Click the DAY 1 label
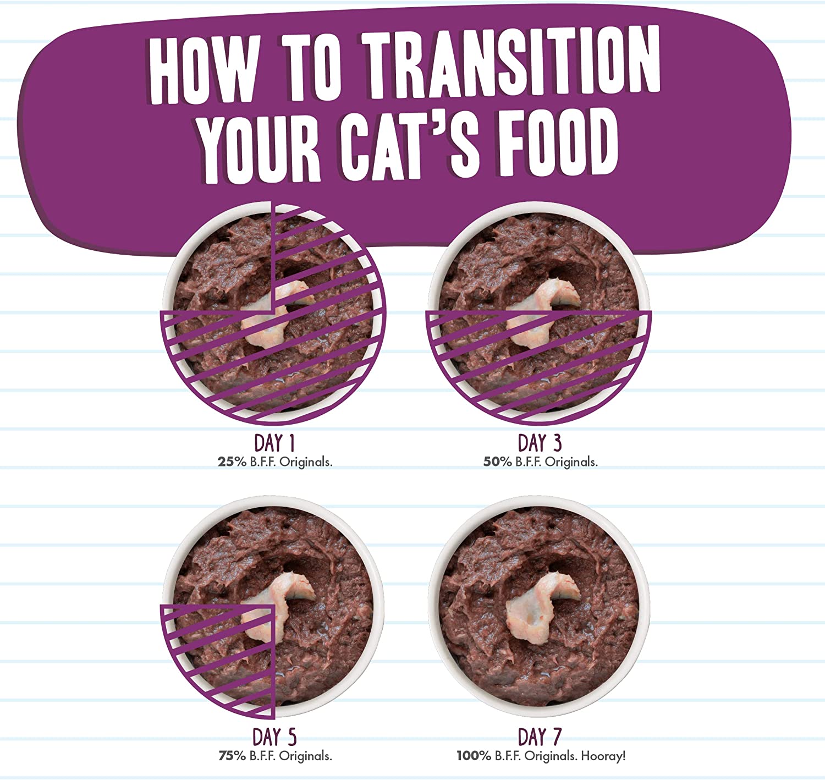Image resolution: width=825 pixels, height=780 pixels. [x=274, y=443]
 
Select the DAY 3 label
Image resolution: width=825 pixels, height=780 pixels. [x=540, y=443]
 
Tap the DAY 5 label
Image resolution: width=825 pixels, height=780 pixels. [x=274, y=737]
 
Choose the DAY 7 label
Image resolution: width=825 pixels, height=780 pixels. [x=540, y=737]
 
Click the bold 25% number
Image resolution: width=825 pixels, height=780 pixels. [x=232, y=462]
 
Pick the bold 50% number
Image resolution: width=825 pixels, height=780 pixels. [x=497, y=462]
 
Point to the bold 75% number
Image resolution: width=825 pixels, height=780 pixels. [x=232, y=756]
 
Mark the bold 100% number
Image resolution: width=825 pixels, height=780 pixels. [x=474, y=756]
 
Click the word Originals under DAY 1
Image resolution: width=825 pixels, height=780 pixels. [x=306, y=463]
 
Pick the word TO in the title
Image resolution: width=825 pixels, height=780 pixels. [x=309, y=67]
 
